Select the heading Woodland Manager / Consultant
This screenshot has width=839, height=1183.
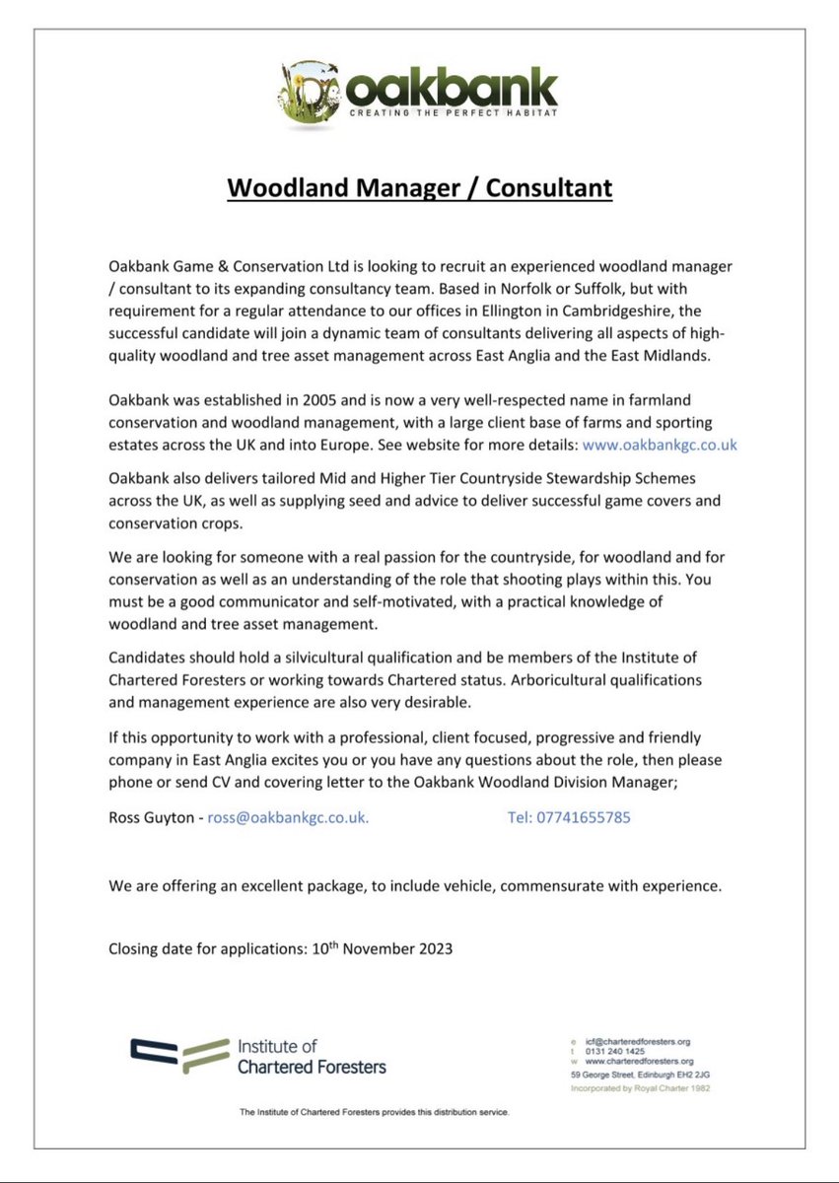coord(419,187)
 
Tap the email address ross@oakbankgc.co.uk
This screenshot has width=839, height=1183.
coord(288,817)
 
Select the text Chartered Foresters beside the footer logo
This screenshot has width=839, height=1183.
coord(312,1066)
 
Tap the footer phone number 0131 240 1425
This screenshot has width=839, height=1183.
coord(618,1051)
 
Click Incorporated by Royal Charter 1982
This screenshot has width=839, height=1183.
coord(640,1088)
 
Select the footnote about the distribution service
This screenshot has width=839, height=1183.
coord(374,1112)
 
